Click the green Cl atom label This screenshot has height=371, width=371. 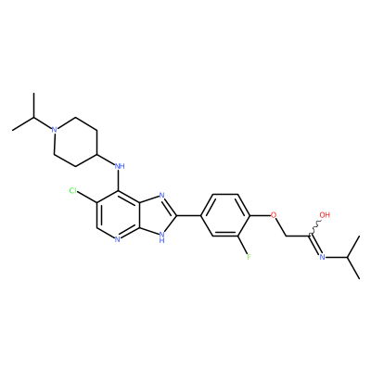pos(73,191)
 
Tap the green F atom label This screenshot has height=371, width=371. pos(249,257)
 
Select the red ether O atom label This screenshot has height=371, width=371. pos(273,214)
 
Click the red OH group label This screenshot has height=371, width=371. pos(325,214)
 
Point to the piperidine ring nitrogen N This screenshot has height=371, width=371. pos(55,130)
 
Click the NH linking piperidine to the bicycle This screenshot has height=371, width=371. pos(120,166)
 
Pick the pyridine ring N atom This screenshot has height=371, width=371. pos(117,239)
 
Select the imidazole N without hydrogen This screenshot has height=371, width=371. pos(161,196)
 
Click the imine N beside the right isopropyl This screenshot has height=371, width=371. pos(322,257)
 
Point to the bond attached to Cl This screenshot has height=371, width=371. pos(87,197)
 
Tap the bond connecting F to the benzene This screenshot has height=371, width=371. pos(242,245)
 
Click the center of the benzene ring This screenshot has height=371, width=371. pos(225,215)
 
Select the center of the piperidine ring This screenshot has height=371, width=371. pos(76,142)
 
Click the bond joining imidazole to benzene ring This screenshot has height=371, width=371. pos(189,215)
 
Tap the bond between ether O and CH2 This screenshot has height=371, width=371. pos(281,227)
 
